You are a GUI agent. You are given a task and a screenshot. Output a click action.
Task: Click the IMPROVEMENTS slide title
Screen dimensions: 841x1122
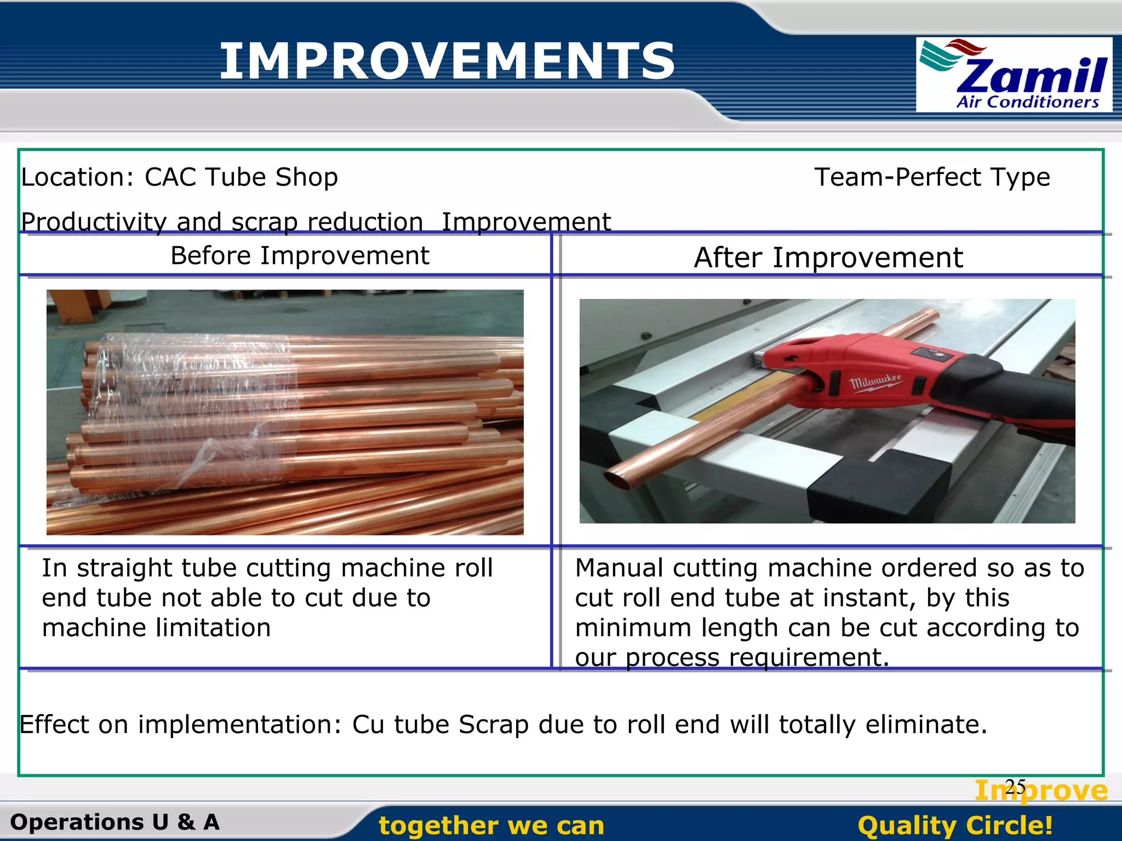(x=446, y=61)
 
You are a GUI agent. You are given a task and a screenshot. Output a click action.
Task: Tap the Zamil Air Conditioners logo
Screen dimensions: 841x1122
(x=1014, y=75)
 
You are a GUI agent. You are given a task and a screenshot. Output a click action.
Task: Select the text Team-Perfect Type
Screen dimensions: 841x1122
(x=932, y=177)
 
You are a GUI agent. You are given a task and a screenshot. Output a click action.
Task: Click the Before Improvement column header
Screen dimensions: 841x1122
(x=300, y=256)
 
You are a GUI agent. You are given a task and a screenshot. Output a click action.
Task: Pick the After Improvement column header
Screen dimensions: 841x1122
(x=828, y=257)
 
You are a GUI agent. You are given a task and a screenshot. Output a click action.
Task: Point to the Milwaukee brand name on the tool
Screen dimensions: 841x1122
(x=875, y=382)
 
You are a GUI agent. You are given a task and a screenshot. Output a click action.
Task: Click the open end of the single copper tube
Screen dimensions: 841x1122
(x=618, y=479)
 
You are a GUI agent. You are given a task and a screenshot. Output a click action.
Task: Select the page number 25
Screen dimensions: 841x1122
(x=1015, y=787)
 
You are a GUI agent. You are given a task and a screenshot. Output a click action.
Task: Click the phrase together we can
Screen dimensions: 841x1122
(x=491, y=826)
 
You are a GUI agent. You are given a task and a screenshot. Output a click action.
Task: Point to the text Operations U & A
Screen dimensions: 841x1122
(x=115, y=822)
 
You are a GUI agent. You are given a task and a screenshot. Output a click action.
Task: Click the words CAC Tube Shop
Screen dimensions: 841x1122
(x=241, y=177)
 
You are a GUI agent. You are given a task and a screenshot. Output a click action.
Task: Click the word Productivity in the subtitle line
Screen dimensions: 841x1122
(x=94, y=222)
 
